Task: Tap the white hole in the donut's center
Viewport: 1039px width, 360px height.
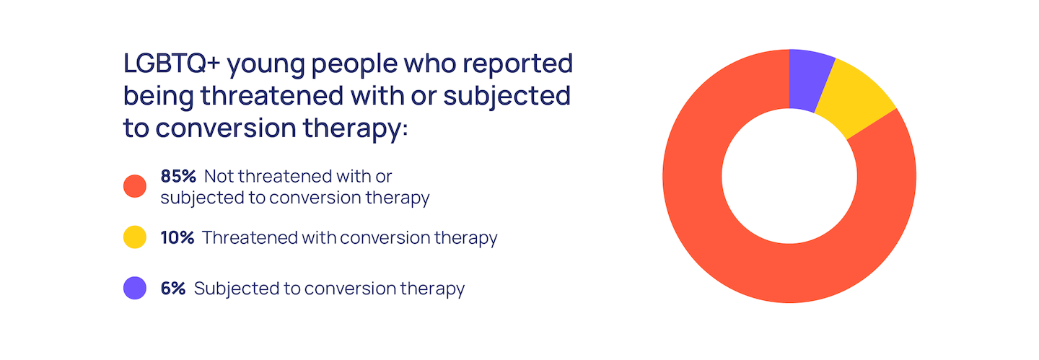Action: tap(789, 176)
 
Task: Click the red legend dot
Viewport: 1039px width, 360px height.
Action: tap(135, 186)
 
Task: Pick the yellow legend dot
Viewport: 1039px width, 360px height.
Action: tap(135, 237)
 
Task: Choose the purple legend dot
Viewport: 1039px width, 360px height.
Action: tap(135, 288)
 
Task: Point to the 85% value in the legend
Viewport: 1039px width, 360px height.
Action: tap(178, 176)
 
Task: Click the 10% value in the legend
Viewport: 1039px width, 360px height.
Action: tap(177, 237)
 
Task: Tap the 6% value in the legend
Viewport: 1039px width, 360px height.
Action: tap(173, 289)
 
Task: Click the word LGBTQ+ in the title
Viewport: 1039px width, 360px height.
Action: tap(171, 63)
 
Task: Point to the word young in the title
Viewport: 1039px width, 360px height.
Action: tap(266, 66)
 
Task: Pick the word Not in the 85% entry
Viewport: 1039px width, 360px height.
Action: tap(219, 176)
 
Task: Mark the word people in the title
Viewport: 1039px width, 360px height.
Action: tap(354, 65)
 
